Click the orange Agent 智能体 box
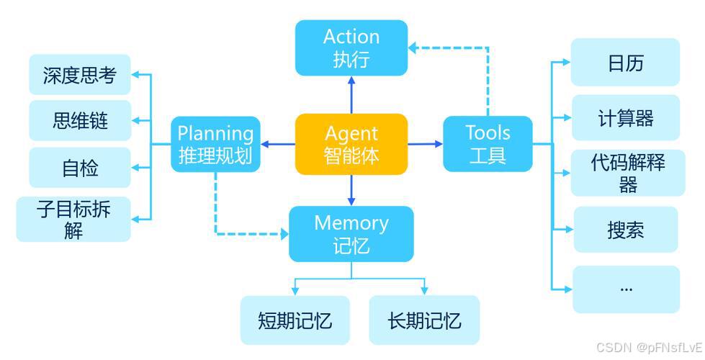(x=351, y=144)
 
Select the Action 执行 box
(x=351, y=48)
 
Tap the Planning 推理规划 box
(x=215, y=144)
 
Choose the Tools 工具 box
(x=488, y=144)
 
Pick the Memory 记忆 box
(x=351, y=234)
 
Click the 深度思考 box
(x=80, y=74)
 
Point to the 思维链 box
(x=80, y=120)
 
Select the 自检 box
(x=80, y=168)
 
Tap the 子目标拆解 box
(x=73, y=219)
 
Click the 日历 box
(x=625, y=63)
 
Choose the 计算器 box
(x=625, y=117)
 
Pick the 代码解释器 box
(x=627, y=173)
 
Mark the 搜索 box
(x=625, y=230)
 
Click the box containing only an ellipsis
(x=626, y=289)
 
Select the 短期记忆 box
(x=295, y=320)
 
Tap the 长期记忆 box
(x=424, y=320)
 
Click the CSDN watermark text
(x=648, y=348)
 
